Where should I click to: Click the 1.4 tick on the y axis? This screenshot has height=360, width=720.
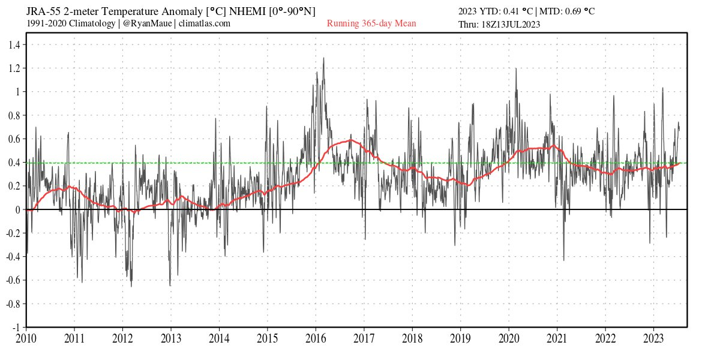click(x=14, y=44)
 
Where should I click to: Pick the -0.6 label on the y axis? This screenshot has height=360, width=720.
click(x=13, y=280)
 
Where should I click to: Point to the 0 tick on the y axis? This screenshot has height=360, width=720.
click(x=19, y=209)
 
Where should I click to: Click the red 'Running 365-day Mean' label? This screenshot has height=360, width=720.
click(x=371, y=24)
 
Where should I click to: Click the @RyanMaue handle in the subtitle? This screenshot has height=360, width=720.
click(x=148, y=23)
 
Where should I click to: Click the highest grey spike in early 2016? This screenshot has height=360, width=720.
click(x=324, y=58)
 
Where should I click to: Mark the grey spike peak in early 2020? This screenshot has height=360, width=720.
click(x=516, y=68)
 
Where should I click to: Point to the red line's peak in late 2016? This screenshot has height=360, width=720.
click(x=351, y=140)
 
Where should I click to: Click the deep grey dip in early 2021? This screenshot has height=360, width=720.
click(x=563, y=260)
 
